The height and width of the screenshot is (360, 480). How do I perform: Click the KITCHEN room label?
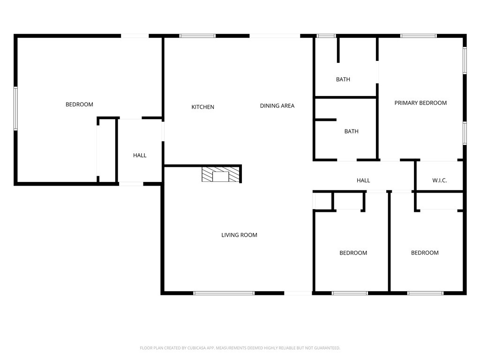pos(202,107)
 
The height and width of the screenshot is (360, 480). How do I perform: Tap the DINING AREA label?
pos(277,105)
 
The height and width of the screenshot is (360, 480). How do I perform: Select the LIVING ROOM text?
pos(239,235)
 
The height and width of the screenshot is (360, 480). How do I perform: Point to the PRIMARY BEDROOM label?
pos(420,103)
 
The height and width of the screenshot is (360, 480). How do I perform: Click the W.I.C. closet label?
pos(439,180)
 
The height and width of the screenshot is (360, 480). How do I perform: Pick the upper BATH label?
pos(343,79)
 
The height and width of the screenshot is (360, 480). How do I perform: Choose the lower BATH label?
pos(351,131)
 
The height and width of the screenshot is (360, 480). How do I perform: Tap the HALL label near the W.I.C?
pos(363,180)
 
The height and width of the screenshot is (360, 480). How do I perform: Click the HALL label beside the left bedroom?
pos(140,155)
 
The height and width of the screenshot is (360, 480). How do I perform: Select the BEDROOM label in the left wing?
pos(79,105)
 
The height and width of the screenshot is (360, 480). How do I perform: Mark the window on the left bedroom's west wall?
pos(15,108)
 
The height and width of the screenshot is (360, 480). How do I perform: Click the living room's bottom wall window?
pos(224,293)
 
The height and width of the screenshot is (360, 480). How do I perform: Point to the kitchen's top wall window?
pos(197,36)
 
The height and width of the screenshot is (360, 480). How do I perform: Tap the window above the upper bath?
pos(326,36)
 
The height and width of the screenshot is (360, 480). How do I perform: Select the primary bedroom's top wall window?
pos(418,36)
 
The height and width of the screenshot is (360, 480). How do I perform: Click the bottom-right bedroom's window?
pos(425,293)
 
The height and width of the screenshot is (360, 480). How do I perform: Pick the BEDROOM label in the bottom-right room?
pos(425,253)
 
